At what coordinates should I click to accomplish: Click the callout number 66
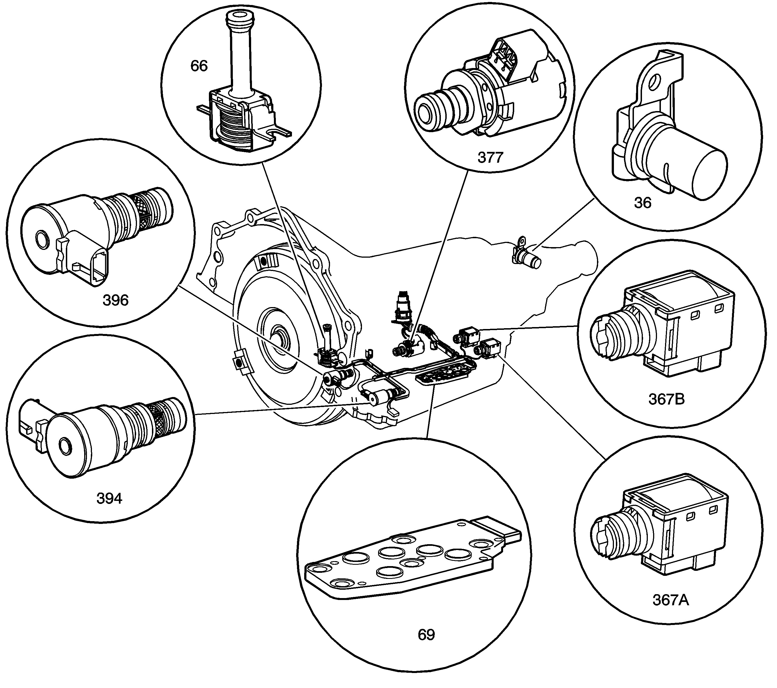click(x=199, y=66)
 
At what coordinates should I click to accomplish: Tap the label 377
click(x=490, y=157)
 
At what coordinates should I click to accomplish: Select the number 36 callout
click(x=643, y=203)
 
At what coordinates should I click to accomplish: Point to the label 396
click(x=116, y=300)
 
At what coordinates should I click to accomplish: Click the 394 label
click(x=109, y=498)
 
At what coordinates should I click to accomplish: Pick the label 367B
click(x=666, y=399)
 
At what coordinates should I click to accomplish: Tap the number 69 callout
click(x=426, y=635)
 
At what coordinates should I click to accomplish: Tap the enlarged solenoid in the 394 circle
click(x=103, y=433)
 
